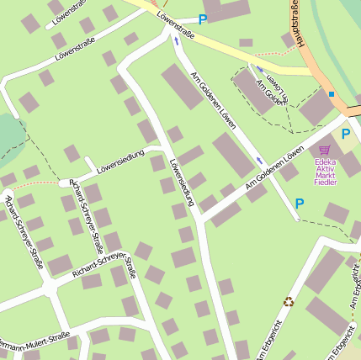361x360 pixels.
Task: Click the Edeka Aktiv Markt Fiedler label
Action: [x=325, y=171]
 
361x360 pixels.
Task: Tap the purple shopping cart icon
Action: [x=324, y=151]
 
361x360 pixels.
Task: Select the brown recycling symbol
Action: [x=289, y=301]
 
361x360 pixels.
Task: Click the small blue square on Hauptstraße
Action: [x=332, y=93]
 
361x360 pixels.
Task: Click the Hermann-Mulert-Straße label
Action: [x=34, y=341]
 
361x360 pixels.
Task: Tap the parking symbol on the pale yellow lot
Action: [x=346, y=134]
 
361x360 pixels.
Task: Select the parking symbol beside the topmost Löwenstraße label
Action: [x=202, y=19]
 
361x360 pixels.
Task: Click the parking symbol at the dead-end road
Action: [x=299, y=203]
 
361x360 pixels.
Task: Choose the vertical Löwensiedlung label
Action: [x=181, y=183]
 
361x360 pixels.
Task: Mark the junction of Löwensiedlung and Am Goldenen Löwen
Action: [x=199, y=220]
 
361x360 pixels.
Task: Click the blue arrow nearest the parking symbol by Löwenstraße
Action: [x=176, y=40]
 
